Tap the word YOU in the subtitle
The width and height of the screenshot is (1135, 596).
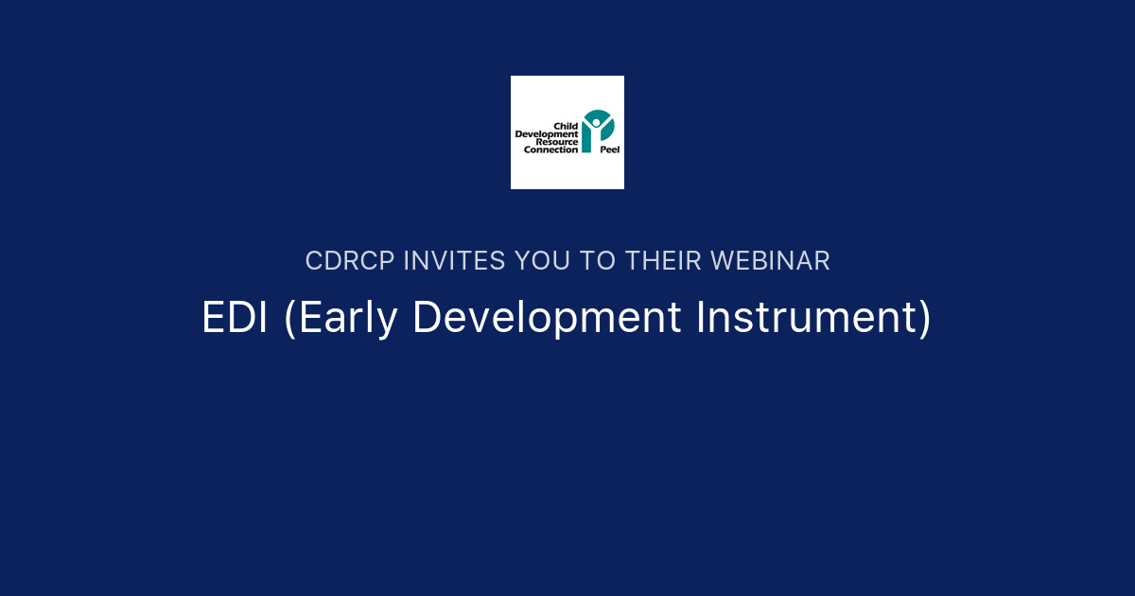tap(543, 261)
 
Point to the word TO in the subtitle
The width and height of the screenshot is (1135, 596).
tap(598, 261)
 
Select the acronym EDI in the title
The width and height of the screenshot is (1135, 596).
tap(236, 318)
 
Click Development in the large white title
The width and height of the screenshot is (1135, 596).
tap(548, 318)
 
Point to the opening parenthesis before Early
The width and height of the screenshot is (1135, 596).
tap(288, 318)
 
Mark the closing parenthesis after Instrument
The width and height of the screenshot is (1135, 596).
tap(924, 318)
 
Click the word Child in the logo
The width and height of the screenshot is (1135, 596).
tap(566, 126)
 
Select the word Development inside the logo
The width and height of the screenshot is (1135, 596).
tap(547, 134)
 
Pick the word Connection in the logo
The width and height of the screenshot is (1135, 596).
tap(551, 149)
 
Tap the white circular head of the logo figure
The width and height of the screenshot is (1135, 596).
tap(596, 121)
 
